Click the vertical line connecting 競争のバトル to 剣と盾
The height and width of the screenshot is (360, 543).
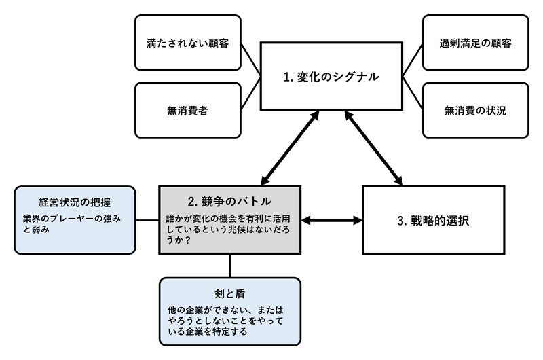click(230, 266)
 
